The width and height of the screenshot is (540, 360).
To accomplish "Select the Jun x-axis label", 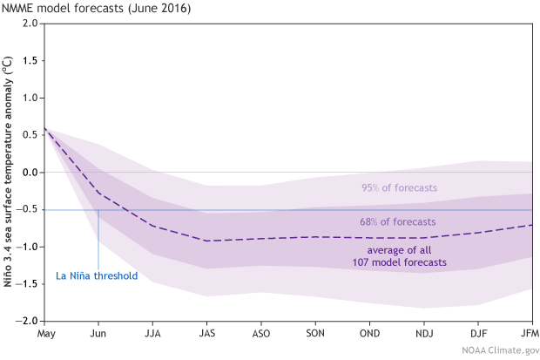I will [x=98, y=334].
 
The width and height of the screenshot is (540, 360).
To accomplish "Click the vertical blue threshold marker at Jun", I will [x=98, y=240].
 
